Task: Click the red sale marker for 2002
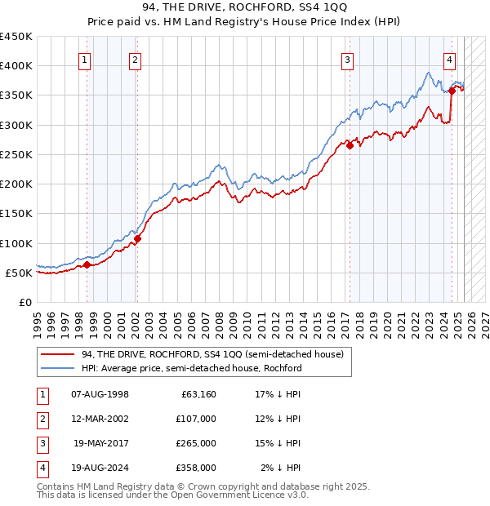pyautogui.click(x=138, y=239)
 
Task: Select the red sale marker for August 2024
pyautogui.click(x=452, y=91)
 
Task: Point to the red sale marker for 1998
pyautogui.click(x=87, y=264)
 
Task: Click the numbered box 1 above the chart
pyautogui.click(x=85, y=58)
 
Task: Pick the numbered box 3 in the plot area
pyautogui.click(x=348, y=58)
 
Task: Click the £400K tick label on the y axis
pyautogui.click(x=16, y=66)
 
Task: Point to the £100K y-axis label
pyautogui.click(x=16, y=243)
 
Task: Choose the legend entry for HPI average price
pyautogui.click(x=192, y=368)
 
